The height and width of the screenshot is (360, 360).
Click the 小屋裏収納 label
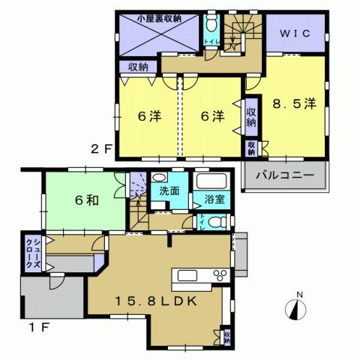click(x=157, y=18)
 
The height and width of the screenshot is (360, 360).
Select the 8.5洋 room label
click(x=297, y=106)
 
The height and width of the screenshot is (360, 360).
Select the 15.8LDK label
click(x=155, y=303)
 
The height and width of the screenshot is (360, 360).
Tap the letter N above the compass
click(x=298, y=294)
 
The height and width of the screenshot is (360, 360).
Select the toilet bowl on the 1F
click(x=216, y=222)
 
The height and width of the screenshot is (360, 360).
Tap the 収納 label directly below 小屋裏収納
click(x=137, y=67)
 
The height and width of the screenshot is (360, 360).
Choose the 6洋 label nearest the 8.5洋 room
click(x=212, y=117)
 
